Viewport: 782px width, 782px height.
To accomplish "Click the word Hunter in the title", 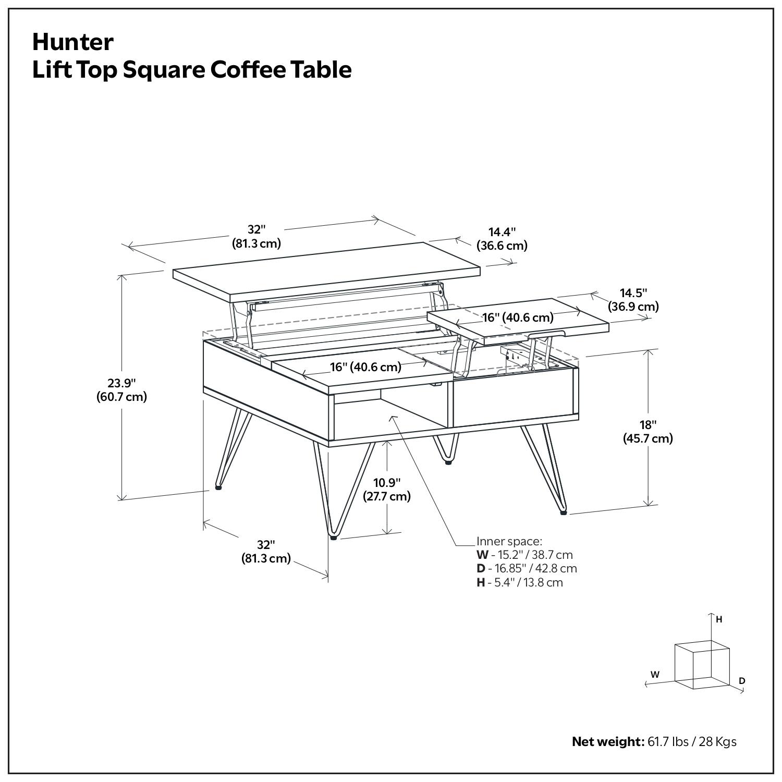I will pos(72,42).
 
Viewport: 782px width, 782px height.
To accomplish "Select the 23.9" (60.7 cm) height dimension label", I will pos(121,389).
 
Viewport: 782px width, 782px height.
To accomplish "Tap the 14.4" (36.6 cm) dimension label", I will pos(502,239).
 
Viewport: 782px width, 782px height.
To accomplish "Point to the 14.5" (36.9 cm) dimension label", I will pos(633,300).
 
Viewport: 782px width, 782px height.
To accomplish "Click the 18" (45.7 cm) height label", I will pos(648,432).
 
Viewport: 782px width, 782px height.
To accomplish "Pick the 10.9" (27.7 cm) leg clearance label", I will pos(387,489).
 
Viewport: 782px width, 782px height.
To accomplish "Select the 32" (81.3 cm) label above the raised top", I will pos(256,236).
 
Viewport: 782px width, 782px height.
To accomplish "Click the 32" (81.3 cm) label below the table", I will pos(265,552).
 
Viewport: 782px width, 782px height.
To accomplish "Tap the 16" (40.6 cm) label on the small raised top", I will pos(517,317).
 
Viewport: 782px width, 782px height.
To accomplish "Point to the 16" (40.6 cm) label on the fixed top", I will pos(365,367).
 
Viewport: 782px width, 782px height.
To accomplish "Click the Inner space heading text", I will pos(509,541).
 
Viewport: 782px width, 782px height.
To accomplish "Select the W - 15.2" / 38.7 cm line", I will pos(524,555).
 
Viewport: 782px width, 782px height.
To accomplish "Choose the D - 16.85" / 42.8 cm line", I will pos(527,568).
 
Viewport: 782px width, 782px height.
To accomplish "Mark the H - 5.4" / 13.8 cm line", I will pos(519,582).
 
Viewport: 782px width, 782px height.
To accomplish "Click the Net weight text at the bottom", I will pos(654,741).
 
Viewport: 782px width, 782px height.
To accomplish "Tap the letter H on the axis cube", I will pos(719,619).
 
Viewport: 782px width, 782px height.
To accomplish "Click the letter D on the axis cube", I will pos(742,681).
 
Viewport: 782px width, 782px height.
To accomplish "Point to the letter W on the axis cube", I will pos(655,674).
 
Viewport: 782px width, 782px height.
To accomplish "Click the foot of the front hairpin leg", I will pos(333,537).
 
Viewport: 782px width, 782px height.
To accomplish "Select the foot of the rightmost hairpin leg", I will pos(564,512).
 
